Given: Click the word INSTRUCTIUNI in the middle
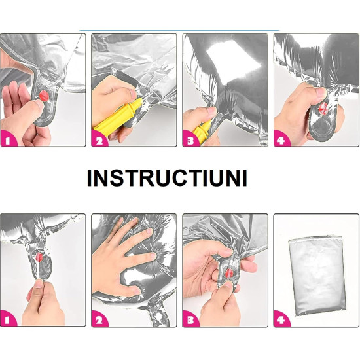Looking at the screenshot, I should point(167,179).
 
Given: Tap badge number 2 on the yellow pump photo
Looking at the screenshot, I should point(98,139).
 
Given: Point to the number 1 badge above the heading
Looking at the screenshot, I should point(8,139).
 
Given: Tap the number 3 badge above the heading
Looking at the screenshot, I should point(190,139).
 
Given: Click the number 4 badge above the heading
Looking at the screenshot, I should point(280,139).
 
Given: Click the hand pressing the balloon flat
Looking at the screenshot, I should point(134,252).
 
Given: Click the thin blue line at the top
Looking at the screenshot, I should point(179,30).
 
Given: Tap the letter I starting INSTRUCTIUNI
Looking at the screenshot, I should point(90,179).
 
